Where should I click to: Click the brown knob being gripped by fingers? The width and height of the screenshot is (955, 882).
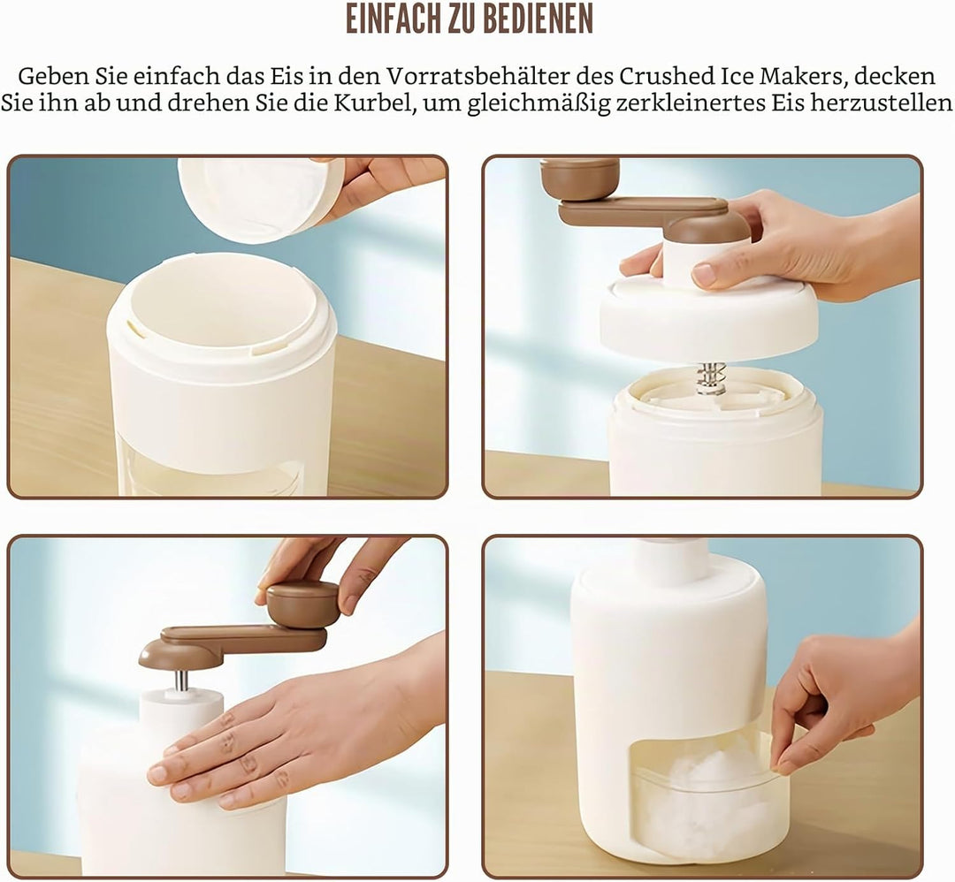pyautogui.click(x=302, y=604)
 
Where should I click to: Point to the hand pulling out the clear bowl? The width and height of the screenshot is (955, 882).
pyautogui.click(x=846, y=700)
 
